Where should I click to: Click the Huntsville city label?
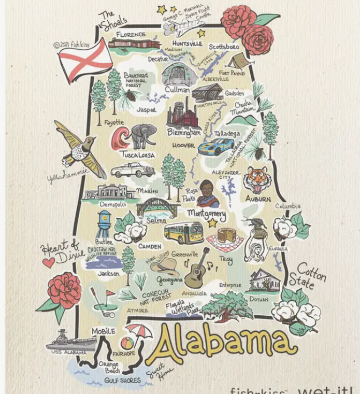[187, 43]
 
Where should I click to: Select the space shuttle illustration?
[178, 27]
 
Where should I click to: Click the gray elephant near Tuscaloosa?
[143, 135]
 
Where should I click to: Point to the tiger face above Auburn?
[257, 179]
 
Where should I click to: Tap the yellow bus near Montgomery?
[183, 233]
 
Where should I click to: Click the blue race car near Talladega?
[217, 146]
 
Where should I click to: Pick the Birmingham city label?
[184, 133]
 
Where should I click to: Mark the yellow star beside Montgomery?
[212, 223]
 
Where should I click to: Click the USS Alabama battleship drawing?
[71, 341]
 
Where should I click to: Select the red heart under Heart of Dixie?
[48, 262]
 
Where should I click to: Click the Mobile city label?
[103, 331]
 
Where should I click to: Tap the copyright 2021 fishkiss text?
[71, 45]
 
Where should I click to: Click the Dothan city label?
[258, 299]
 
